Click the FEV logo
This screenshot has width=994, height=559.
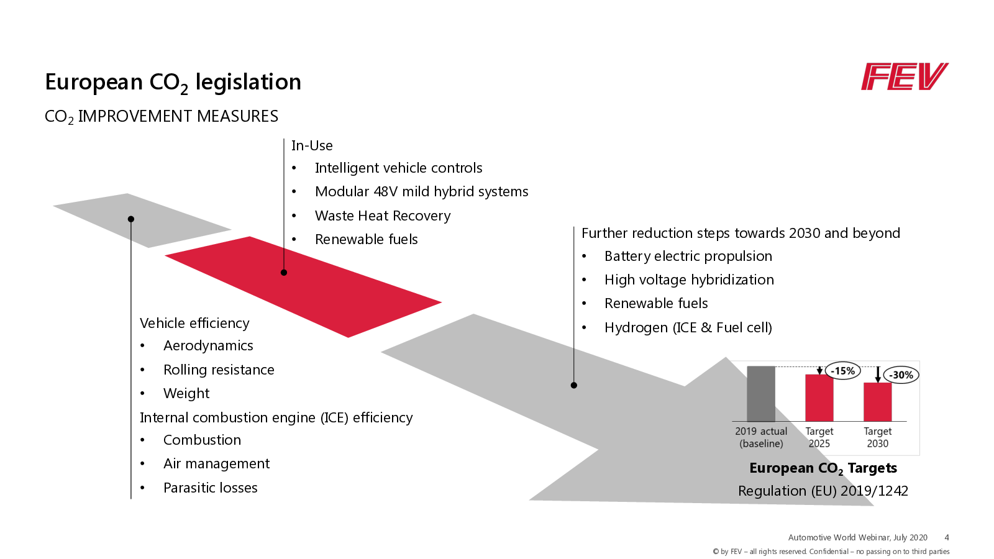[904, 77]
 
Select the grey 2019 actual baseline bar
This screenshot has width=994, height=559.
[761, 394]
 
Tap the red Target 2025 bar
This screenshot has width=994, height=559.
[819, 398]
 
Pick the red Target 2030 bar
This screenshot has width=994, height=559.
[877, 402]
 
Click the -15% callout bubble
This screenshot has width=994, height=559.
[843, 371]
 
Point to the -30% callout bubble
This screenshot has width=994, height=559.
[901, 375]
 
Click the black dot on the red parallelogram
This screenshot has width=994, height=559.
[284, 272]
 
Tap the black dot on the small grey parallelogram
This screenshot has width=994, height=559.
[131, 219]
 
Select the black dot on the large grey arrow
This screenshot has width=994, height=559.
[574, 385]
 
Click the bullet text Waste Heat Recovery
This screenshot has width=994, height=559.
[383, 216]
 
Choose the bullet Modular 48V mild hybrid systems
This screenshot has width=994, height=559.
[421, 191]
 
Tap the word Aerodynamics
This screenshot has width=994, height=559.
[208, 345]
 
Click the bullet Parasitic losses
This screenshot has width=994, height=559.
[210, 488]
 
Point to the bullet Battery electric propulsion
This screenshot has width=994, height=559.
[688, 256]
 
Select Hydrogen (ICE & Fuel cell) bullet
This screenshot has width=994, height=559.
[688, 327]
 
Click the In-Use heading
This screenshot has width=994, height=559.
[312, 145]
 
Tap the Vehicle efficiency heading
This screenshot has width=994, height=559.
[194, 323]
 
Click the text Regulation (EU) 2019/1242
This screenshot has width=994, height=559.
[823, 491]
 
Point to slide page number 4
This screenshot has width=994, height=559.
[947, 537]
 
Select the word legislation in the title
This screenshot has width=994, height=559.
[248, 82]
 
